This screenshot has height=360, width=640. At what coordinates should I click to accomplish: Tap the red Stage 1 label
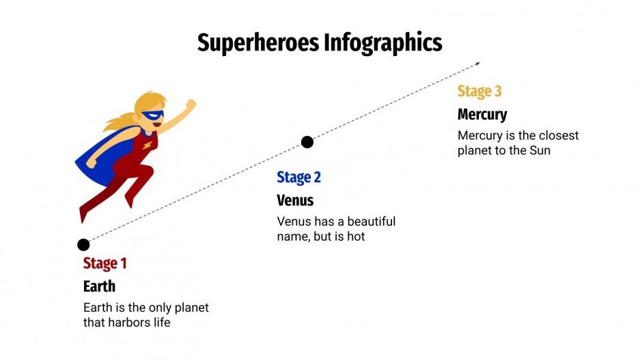point(105,263)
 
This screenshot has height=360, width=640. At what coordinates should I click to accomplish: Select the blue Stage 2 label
point(298,178)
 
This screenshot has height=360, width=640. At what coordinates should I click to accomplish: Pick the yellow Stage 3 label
point(479,92)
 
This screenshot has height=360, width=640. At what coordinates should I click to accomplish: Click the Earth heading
point(99,286)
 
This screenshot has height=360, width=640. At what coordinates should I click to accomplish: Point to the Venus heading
point(295,200)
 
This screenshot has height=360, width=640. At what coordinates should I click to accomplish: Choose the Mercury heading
point(482,114)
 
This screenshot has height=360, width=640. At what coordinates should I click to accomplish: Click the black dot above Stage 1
point(83,245)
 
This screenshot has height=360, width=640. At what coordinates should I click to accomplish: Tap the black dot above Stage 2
point(307,142)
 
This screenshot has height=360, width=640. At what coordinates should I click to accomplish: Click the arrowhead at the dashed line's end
point(477,64)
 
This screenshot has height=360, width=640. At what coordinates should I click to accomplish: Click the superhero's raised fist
point(191,105)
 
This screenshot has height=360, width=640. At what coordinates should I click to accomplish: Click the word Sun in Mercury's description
point(540,150)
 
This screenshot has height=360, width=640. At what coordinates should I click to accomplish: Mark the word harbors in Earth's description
point(131,322)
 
